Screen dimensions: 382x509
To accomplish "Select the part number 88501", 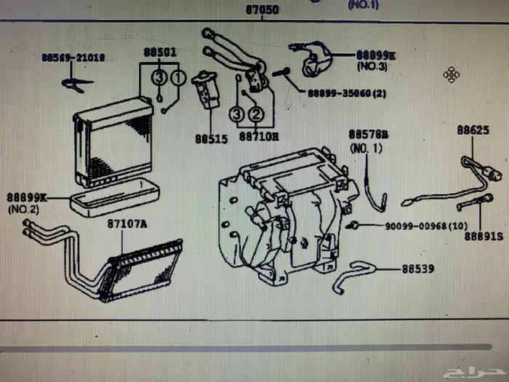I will point(159,52).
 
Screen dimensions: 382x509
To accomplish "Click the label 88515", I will point(211,136).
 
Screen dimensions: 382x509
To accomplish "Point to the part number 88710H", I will point(260,136).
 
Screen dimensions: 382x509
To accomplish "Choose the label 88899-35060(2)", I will point(347,93).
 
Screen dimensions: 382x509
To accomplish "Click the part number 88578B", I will point(368,135).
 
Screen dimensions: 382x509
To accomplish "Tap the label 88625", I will point(473,130).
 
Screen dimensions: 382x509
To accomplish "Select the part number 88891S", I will point(486,236).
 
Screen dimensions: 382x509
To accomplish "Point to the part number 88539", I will point(417,268).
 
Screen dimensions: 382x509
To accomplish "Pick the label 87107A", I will point(127,223).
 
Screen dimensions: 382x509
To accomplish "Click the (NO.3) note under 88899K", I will point(373,66).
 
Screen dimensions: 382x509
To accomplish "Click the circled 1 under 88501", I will point(178,76).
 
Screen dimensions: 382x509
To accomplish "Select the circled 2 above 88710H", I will point(256,114).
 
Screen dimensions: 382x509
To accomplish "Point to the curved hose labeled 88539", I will point(356,275).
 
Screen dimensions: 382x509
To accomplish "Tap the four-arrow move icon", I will point(450,74).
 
